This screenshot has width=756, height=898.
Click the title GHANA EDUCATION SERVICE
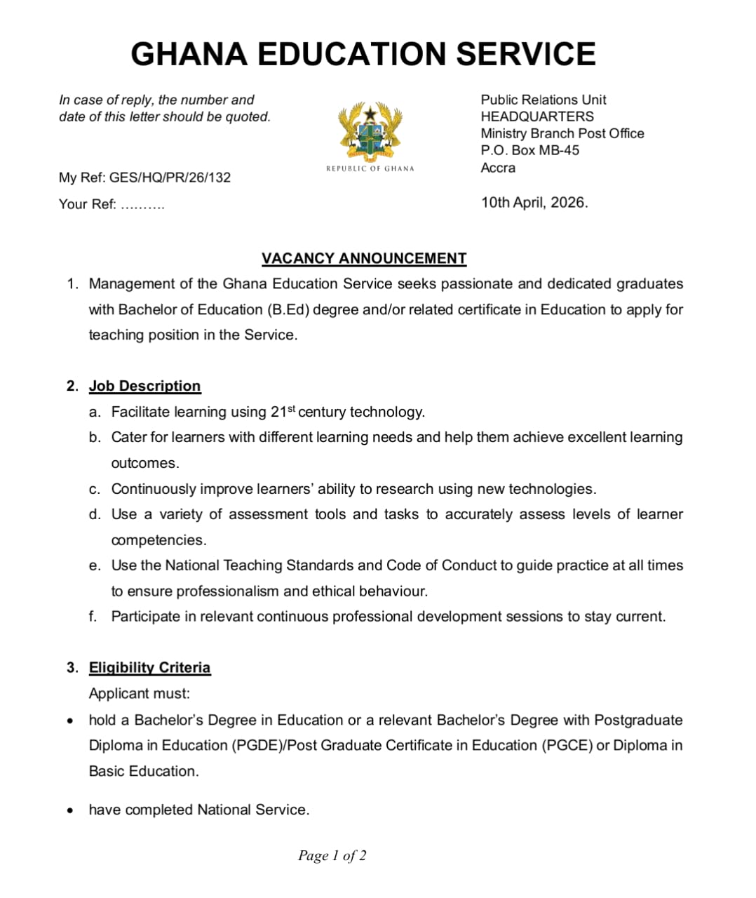pos(363,54)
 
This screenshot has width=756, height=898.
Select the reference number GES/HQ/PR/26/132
pos(170,177)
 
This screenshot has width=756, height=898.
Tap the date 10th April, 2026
pos(534,203)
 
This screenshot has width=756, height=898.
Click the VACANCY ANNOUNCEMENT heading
pos(363,258)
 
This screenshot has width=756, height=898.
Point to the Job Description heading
pos(144,386)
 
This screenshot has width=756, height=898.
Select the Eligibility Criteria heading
pos(149,667)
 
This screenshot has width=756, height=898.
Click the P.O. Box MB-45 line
pos(529,150)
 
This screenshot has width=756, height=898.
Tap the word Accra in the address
pos(498,168)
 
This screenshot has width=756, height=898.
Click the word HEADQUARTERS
pos(536,116)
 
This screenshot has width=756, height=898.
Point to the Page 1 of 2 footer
pos(332,855)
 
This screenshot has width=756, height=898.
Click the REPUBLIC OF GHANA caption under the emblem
pos(370,168)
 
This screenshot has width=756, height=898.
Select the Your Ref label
pos(87,204)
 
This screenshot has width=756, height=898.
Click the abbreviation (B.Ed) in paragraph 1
pos(288,309)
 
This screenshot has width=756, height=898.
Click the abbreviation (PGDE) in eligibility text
pos(255,745)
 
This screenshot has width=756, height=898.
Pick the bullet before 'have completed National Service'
pos(69,810)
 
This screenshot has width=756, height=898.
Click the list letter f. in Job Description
pos(93,617)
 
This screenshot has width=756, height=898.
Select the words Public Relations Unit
pos(543,100)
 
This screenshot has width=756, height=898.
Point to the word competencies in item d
pos(158,540)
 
